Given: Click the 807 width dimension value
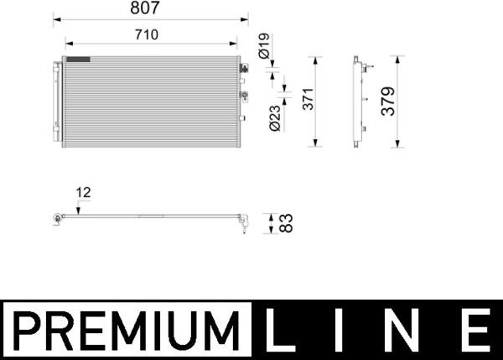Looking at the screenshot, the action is (145, 8).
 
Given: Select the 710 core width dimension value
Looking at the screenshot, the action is (147, 34).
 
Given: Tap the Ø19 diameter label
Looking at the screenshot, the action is (264, 46).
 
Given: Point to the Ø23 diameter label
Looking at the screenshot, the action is (275, 118).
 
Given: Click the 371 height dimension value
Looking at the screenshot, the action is (308, 99).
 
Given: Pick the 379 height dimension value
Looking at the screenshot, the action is (388, 102).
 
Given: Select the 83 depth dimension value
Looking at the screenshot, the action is (286, 223).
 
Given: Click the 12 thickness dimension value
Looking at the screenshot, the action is (83, 193).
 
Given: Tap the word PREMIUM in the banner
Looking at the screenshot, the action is (127, 331).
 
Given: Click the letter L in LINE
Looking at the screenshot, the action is (279, 330).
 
